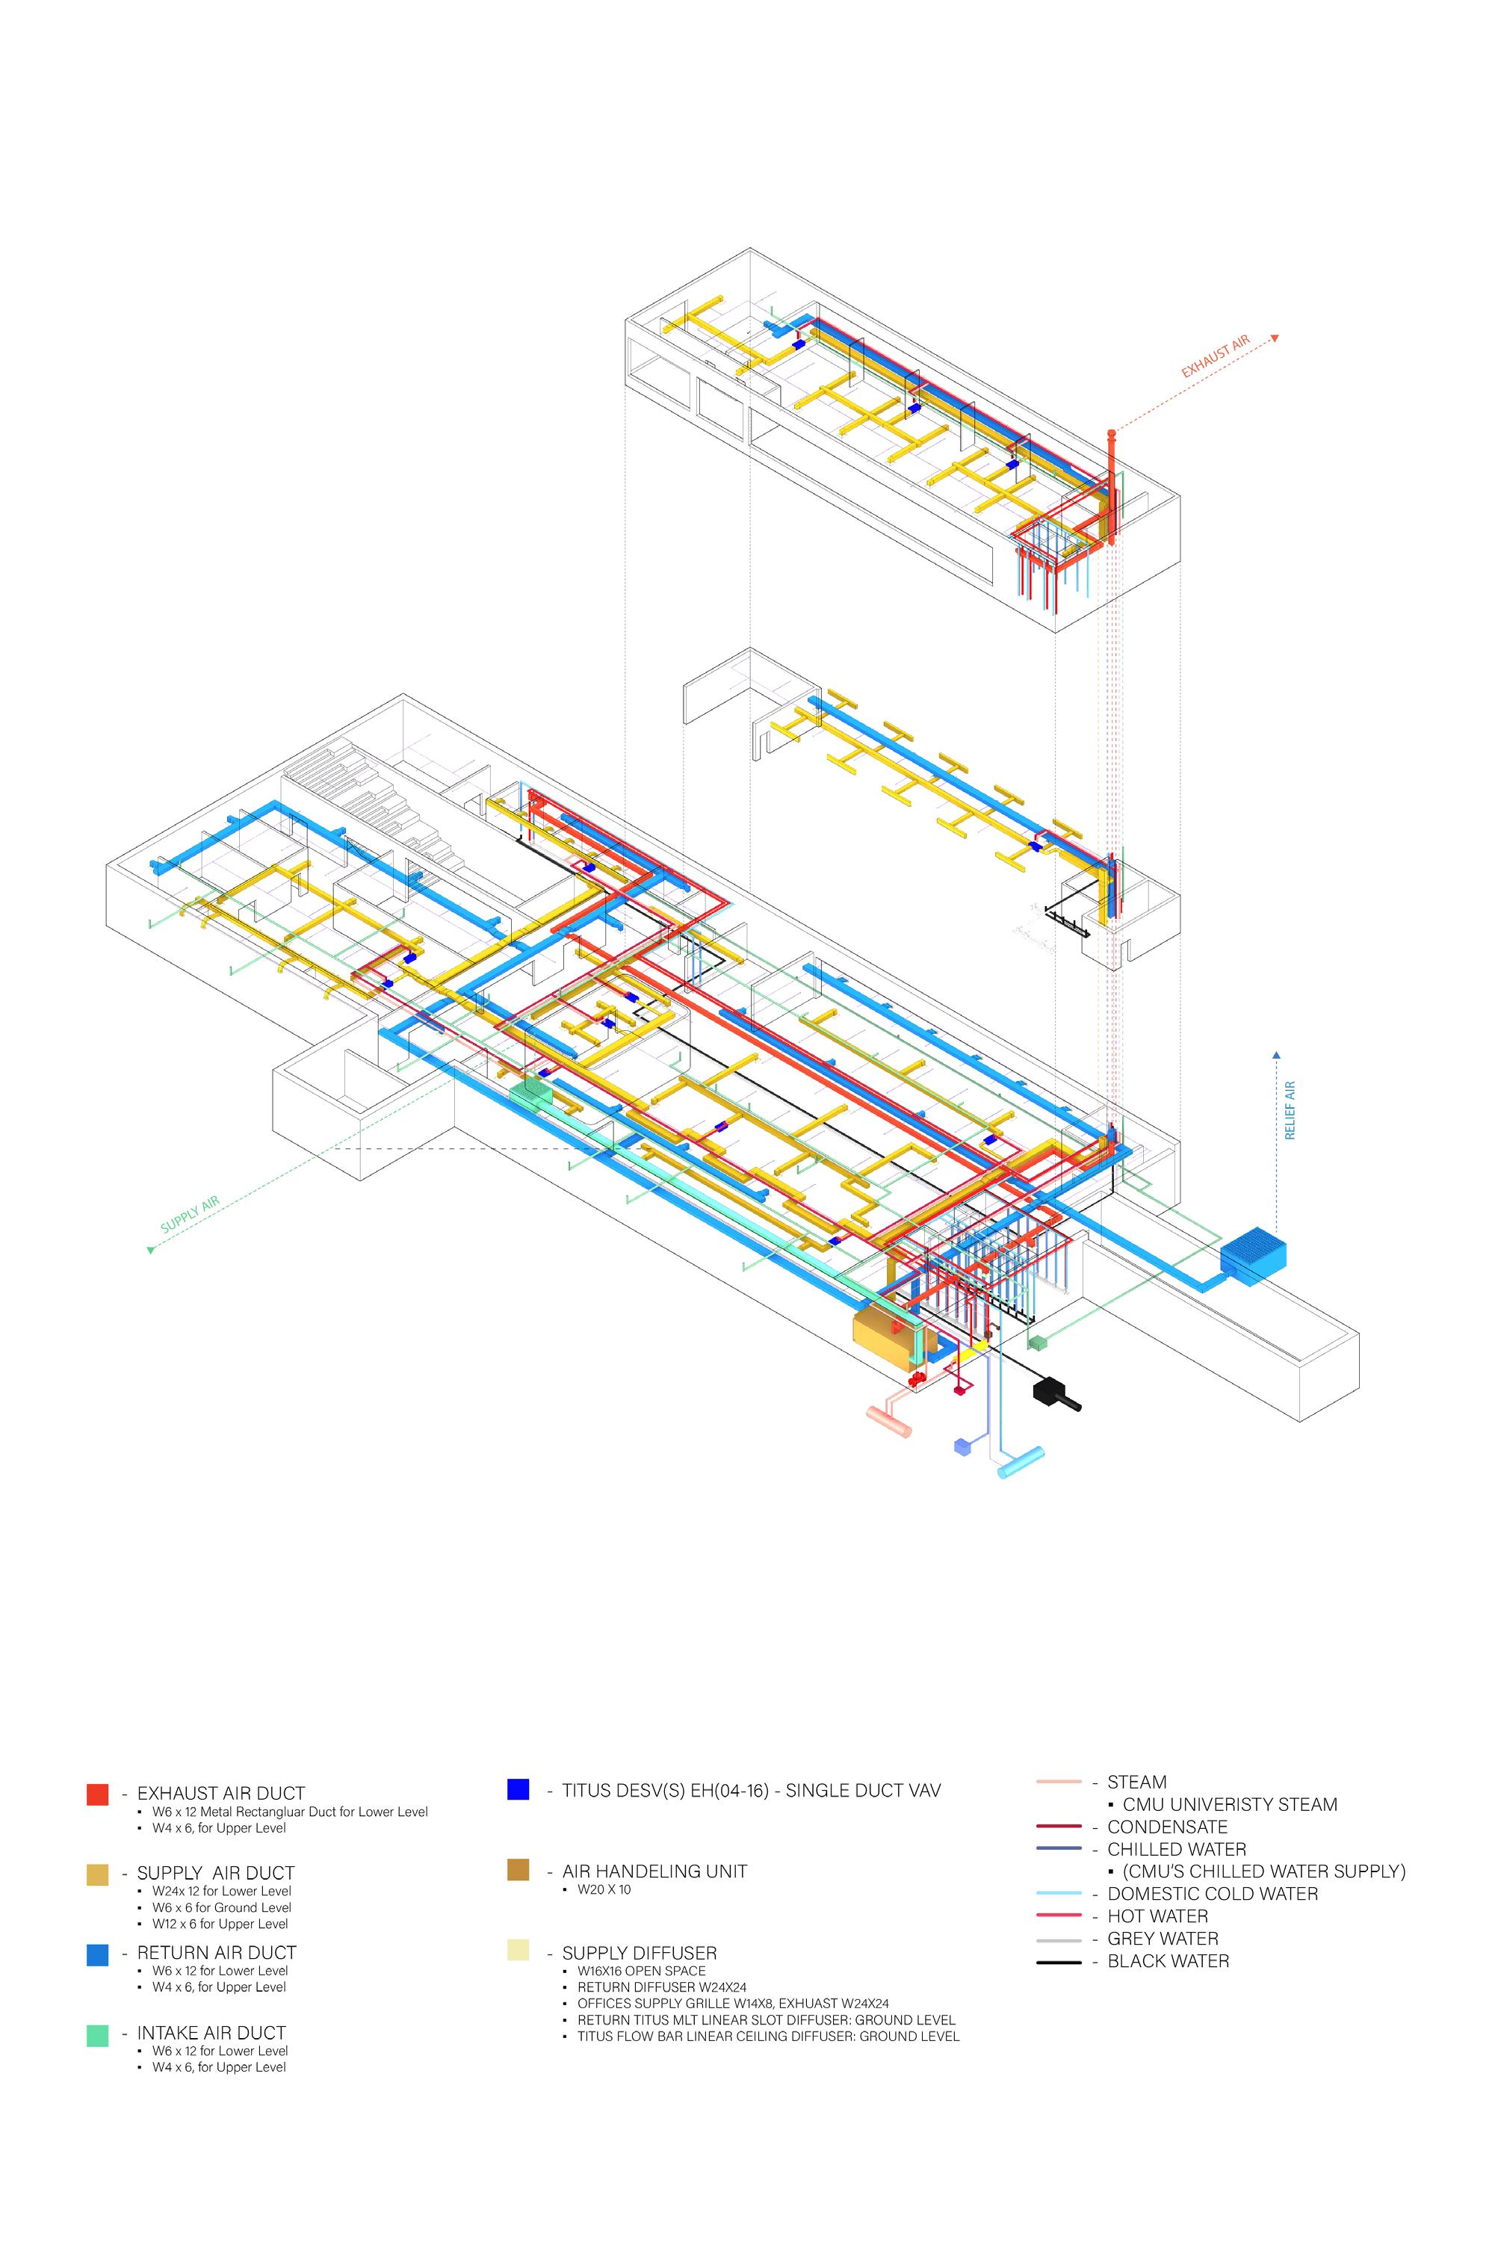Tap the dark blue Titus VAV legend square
[x=518, y=1789]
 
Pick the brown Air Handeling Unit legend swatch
[x=518, y=1870]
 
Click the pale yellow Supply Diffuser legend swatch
[x=518, y=1951]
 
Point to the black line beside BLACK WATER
[x=1059, y=1962]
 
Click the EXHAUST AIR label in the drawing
[x=1215, y=356]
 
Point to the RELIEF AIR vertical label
[x=1290, y=1109]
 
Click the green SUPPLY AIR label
[x=190, y=1215]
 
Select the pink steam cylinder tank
[x=888, y=1420]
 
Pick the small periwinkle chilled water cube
[x=963, y=1446]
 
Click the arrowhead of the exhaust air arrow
[x=1275, y=338]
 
